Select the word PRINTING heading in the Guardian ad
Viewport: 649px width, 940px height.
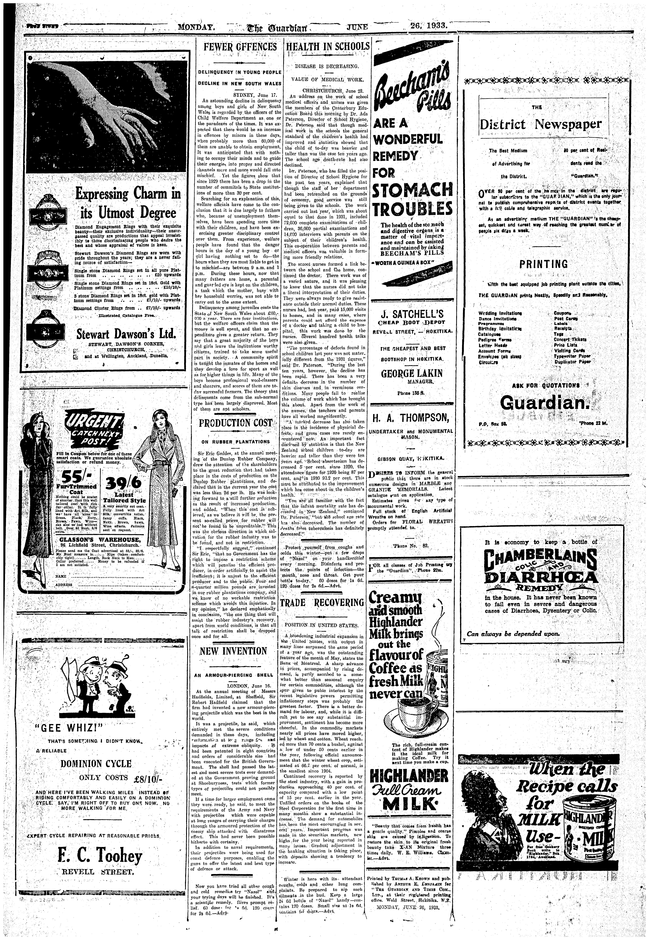(543, 264)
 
